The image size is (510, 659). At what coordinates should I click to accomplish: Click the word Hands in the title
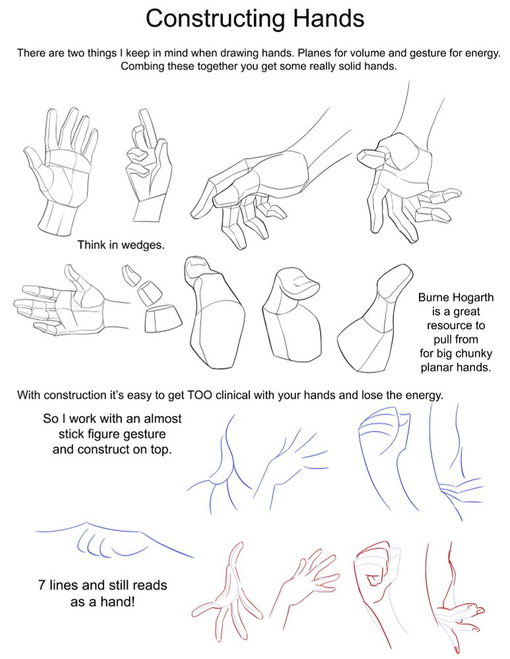[329, 18]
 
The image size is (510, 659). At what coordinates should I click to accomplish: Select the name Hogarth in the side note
[474, 298]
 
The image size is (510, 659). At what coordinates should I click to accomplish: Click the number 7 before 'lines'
[42, 585]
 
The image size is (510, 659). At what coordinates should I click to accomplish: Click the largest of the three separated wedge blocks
[163, 318]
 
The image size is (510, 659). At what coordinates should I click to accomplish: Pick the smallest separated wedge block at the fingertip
[131, 275]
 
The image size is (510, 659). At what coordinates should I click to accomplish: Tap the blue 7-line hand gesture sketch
[113, 540]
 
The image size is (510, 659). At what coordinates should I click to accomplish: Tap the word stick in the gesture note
[71, 434]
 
